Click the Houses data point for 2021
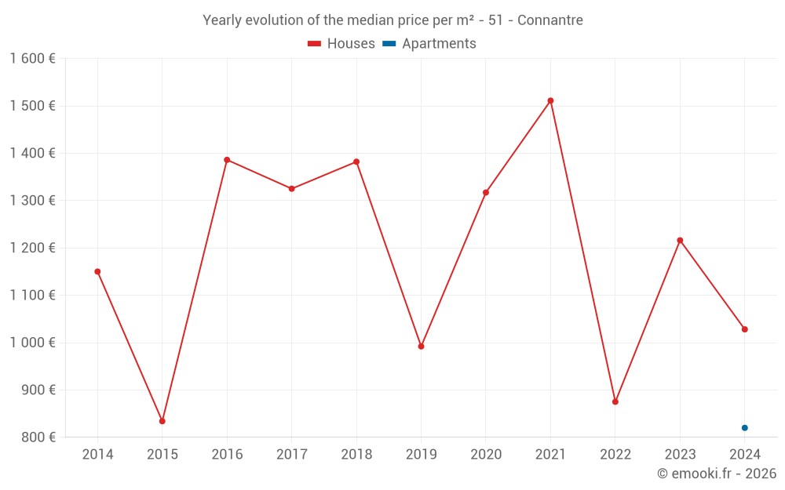click(550, 100)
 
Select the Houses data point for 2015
click(162, 421)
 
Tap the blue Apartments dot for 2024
click(744, 427)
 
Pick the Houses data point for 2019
click(421, 346)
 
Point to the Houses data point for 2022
click(615, 401)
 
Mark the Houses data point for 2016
click(227, 160)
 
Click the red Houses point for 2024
click(744, 329)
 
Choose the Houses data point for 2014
click(97, 271)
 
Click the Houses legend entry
click(341, 44)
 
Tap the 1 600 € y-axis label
click(32, 59)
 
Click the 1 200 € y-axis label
click(32, 248)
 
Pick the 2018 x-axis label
click(356, 455)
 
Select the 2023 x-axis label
click(680, 455)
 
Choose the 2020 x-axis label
click(486, 455)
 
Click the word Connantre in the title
click(550, 20)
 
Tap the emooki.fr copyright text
click(717, 474)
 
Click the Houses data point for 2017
click(291, 189)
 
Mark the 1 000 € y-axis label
click(32, 343)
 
